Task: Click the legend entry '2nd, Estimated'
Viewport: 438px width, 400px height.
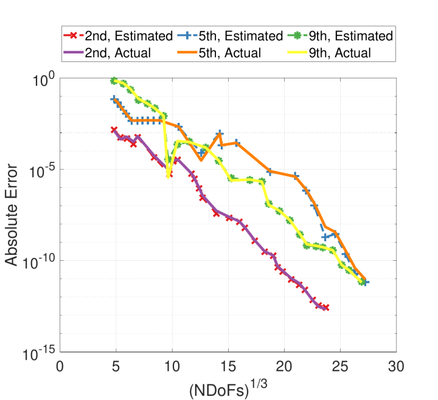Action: coord(118,36)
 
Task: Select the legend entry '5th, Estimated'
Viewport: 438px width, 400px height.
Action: coord(230,36)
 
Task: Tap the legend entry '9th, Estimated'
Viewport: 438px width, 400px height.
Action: coord(340,36)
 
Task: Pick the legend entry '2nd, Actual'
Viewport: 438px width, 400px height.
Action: coord(107,53)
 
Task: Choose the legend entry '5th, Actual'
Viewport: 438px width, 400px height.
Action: coord(219,53)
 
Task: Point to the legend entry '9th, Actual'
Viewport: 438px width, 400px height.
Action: coord(329,53)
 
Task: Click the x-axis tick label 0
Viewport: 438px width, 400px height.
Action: coord(60,366)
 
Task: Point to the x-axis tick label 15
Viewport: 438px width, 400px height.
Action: coord(228,366)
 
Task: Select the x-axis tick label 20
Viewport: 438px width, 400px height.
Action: coord(284,366)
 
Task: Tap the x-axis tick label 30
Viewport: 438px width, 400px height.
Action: coord(396,366)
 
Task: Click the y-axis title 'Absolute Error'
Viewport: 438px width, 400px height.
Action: coord(11,215)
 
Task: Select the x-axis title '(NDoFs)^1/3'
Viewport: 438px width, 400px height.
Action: coord(228,388)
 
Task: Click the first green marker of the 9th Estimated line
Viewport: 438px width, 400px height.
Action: coord(114,81)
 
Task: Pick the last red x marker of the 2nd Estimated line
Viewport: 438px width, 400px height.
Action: coord(325,308)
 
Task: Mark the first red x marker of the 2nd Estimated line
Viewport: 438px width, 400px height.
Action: coord(114,129)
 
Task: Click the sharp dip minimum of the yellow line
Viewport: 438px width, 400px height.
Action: coord(168,177)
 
